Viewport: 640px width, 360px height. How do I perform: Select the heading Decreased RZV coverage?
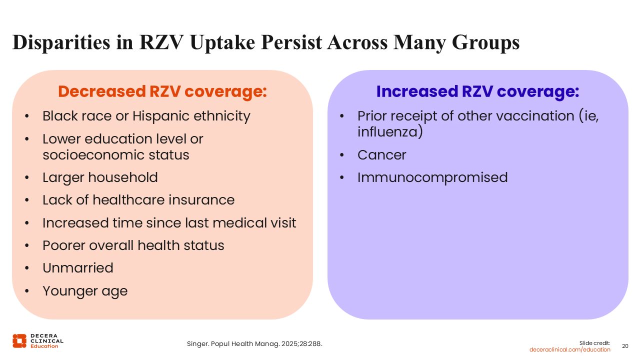point(162,92)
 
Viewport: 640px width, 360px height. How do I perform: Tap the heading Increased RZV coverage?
point(477,92)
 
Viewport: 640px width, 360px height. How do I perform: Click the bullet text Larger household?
point(100,177)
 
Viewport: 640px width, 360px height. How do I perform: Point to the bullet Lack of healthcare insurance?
point(138,200)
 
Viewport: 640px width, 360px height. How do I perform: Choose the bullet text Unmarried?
point(78,268)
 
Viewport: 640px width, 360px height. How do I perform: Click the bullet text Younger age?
point(85,291)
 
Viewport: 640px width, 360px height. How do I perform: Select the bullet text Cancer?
point(381,155)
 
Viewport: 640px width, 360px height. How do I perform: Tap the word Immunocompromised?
point(432,177)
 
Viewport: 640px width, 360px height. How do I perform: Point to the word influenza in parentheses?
point(388,132)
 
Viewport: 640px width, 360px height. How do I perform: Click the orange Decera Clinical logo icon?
point(19,340)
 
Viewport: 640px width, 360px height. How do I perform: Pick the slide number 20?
point(625,346)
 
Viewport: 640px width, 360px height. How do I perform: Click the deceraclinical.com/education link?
point(569,349)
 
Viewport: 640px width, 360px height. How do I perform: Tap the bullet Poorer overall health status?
point(133,245)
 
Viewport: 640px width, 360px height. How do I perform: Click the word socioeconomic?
point(87,155)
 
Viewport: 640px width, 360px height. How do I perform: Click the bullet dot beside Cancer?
point(342,155)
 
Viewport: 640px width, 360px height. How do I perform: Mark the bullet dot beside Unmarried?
point(27,268)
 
